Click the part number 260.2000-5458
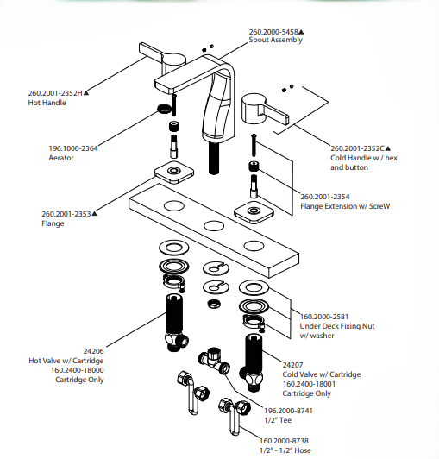(x=273, y=32)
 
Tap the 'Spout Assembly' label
(x=275, y=40)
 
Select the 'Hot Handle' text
(x=47, y=103)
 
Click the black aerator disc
(x=164, y=108)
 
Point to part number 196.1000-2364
(x=73, y=148)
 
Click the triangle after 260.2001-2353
(x=94, y=214)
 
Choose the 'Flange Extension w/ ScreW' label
(x=345, y=206)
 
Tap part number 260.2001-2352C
(x=357, y=148)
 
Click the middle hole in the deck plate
(x=214, y=226)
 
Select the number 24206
(x=93, y=351)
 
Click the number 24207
(x=292, y=365)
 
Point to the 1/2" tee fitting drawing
(x=214, y=361)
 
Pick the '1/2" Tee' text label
(x=278, y=420)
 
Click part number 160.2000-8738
(x=284, y=441)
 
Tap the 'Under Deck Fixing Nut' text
(x=337, y=326)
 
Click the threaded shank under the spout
(x=214, y=158)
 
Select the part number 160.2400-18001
(x=309, y=384)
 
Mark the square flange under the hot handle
(x=174, y=172)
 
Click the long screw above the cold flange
(x=254, y=145)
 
